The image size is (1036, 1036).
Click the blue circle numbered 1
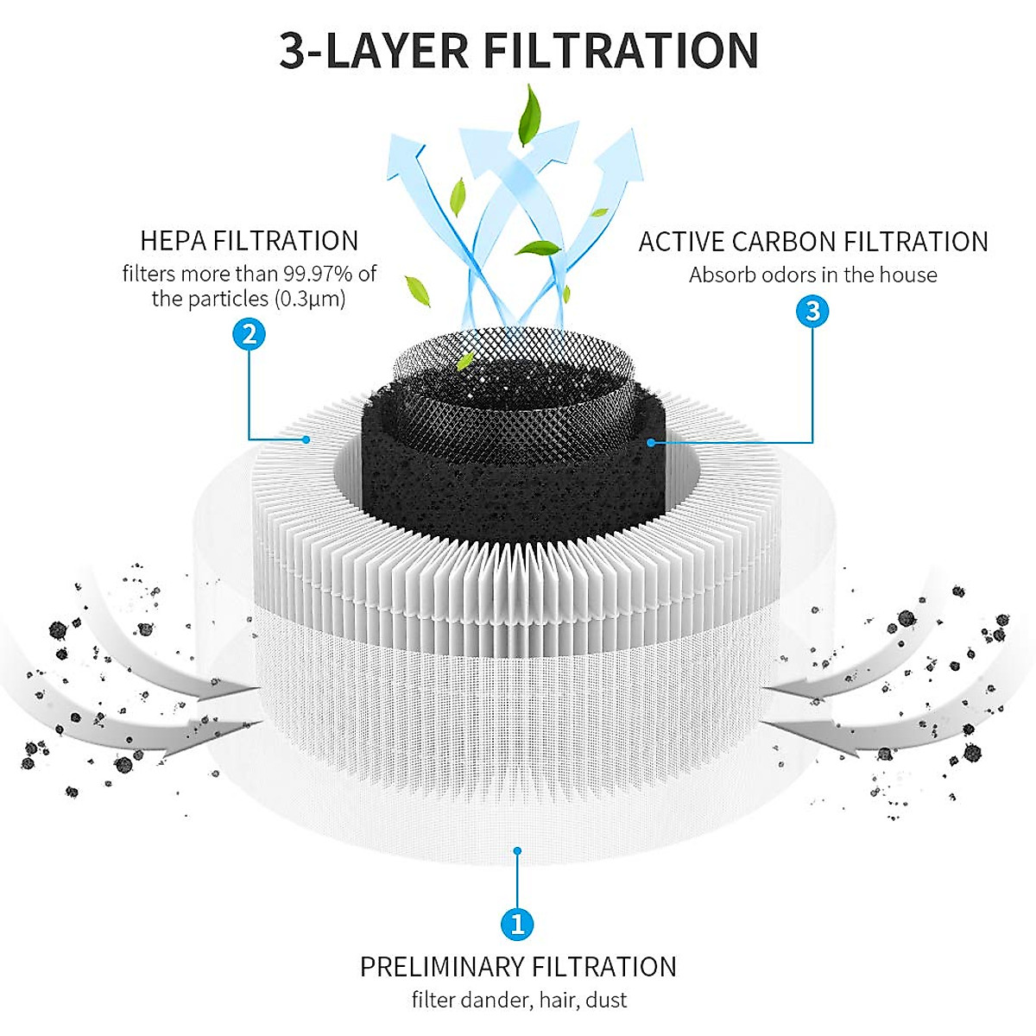pyautogui.click(x=517, y=925)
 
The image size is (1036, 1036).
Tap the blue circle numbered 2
pyautogui.click(x=250, y=333)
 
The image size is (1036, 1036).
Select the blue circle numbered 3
pyautogui.click(x=812, y=311)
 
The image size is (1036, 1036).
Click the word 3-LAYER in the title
pyautogui.click(x=375, y=51)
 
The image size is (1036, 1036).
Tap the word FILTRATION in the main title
pyautogui.click(x=621, y=51)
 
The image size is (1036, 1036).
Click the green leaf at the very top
pyautogui.click(x=528, y=120)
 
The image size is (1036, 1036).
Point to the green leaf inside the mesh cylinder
pyautogui.click(x=466, y=360)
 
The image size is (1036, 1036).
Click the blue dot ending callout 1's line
pyautogui.click(x=517, y=850)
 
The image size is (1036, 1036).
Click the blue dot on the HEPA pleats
pyautogui.click(x=306, y=439)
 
